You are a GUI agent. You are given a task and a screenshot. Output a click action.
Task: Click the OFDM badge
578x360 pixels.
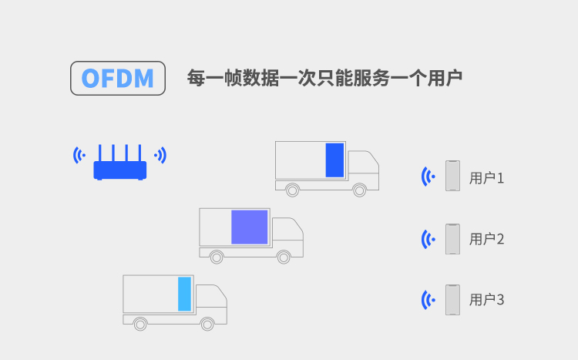click(118, 78)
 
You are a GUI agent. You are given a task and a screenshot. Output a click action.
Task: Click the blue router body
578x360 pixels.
click(120, 170)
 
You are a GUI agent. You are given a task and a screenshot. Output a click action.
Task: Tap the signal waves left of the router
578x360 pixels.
click(79, 155)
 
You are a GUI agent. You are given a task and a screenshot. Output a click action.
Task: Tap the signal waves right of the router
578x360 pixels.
click(161, 155)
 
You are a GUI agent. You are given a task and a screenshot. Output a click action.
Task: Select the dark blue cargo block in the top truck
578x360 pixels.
click(334, 160)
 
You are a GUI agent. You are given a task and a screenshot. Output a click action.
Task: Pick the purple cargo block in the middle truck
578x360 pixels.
click(250, 227)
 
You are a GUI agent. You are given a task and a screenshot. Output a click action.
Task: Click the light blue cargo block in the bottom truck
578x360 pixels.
click(185, 294)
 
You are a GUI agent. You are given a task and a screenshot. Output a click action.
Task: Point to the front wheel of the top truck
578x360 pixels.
click(359, 190)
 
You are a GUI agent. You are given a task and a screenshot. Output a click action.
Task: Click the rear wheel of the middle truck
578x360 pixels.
click(217, 257)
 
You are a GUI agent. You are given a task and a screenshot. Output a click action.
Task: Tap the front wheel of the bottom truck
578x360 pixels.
click(207, 325)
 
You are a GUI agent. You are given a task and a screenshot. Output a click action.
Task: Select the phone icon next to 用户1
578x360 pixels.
click(452, 176)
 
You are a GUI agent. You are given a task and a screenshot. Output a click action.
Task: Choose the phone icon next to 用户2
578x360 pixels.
click(452, 239)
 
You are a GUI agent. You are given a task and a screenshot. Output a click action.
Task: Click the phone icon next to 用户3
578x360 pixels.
click(452, 300)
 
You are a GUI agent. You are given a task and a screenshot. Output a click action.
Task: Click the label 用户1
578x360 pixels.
click(486, 178)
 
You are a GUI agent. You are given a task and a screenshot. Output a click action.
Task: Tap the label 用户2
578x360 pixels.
click(486, 239)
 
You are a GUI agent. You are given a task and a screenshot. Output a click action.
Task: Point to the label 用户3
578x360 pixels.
click(486, 300)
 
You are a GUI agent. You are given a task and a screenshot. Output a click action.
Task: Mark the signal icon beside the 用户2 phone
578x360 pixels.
click(428, 239)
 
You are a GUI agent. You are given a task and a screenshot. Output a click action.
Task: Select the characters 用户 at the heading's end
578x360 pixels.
click(445, 78)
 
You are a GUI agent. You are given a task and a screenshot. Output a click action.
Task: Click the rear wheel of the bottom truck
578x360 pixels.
click(140, 325)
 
